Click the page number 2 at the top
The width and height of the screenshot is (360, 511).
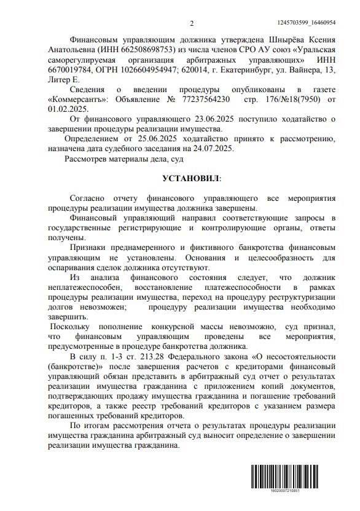pyautogui.click(x=192, y=23)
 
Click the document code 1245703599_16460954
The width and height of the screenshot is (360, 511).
pyautogui.click(x=315, y=22)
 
